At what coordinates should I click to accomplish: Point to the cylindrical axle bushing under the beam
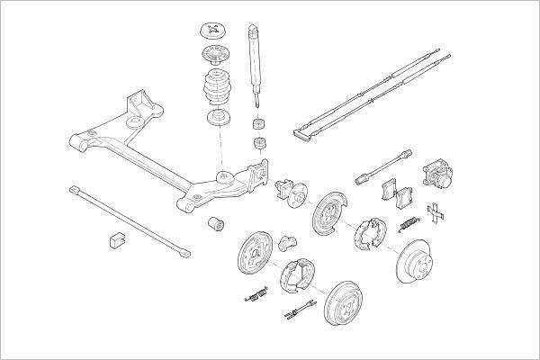[x=216, y=223]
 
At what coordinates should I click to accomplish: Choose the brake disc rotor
[x=425, y=260]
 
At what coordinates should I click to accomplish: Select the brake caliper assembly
[x=438, y=176]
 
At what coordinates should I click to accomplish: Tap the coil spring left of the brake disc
[x=408, y=222]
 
